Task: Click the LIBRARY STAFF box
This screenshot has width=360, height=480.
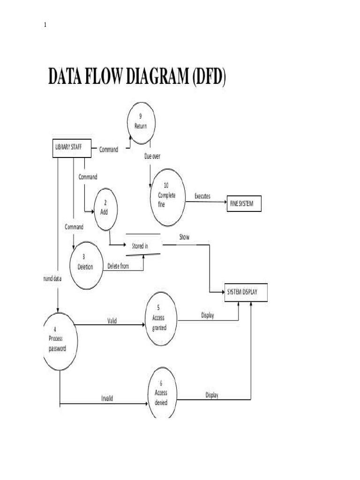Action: pyautogui.click(x=70, y=147)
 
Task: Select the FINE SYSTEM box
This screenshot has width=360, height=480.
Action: pyautogui.click(x=243, y=204)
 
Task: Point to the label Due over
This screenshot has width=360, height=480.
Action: pyautogui.click(x=152, y=156)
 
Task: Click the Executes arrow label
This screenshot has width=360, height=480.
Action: pyautogui.click(x=202, y=196)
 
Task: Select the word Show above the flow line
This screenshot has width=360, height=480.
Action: pyautogui.click(x=184, y=237)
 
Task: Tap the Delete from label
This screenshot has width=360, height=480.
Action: pyautogui.click(x=118, y=266)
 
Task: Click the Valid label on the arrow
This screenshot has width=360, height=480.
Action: pyautogui.click(x=112, y=321)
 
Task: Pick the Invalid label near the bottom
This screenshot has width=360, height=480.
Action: pyautogui.click(x=107, y=398)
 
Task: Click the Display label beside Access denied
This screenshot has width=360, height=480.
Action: pyautogui.click(x=212, y=395)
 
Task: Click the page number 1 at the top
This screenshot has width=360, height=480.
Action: pyautogui.click(x=45, y=25)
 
